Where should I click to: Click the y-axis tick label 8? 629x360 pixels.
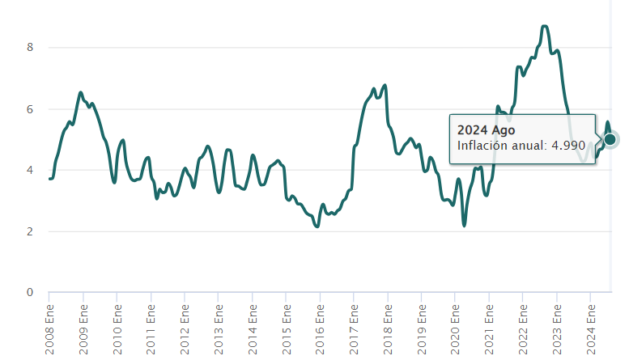point(29,47)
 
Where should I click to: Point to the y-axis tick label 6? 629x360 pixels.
point(29,108)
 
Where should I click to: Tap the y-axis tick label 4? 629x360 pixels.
point(29,170)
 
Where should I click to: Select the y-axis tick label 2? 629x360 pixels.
point(29,231)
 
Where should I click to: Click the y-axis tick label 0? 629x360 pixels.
point(29,292)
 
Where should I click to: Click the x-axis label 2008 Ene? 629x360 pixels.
point(49,327)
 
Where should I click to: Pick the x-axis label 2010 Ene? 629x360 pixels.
point(117,327)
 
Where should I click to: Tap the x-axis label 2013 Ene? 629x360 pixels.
point(219,327)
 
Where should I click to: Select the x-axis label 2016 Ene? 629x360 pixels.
point(321,327)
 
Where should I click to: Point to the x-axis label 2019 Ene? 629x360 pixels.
point(422,327)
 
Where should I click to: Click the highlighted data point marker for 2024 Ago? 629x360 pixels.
point(610,139)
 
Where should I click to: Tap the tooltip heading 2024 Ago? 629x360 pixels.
point(486,129)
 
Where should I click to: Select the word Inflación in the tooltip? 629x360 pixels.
point(482,146)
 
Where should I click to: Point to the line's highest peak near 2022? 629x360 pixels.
point(545,27)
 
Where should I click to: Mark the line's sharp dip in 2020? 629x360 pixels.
point(464,224)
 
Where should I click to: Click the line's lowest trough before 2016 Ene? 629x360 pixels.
point(317,226)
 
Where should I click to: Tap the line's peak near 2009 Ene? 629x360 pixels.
point(81,93)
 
